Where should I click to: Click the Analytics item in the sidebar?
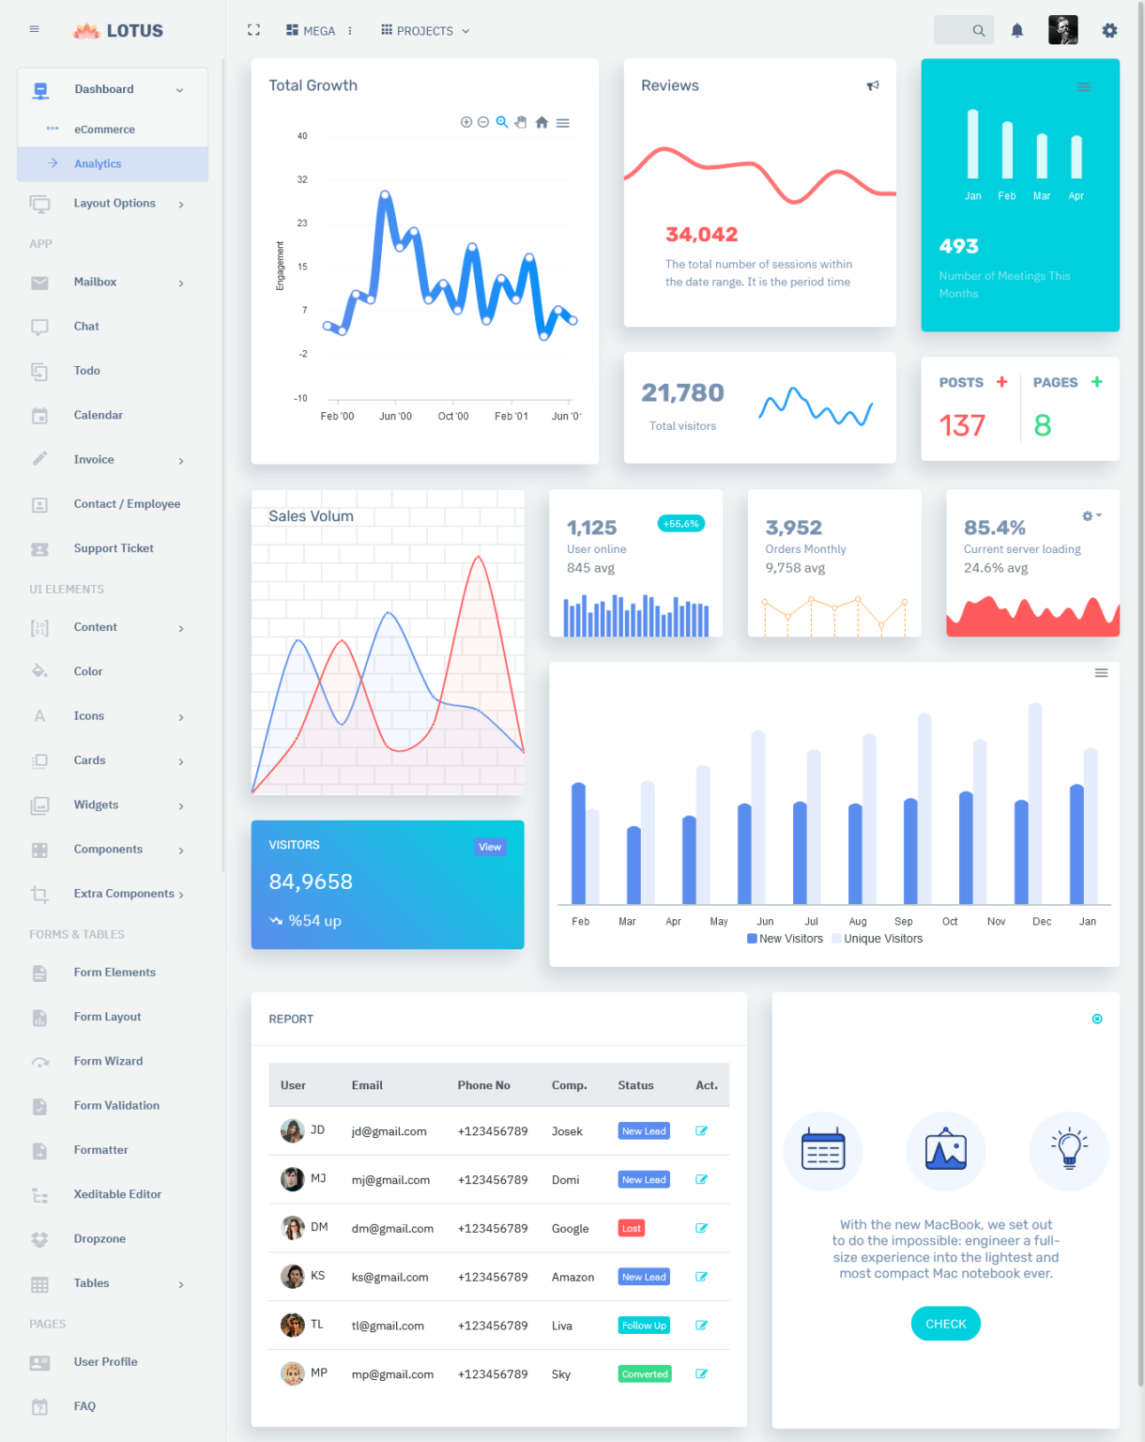coord(98,164)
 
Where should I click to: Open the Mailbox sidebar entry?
coord(96,283)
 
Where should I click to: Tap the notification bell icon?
coord(1016,31)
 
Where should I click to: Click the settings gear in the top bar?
coord(1109,31)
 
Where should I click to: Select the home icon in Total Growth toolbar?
coord(542,123)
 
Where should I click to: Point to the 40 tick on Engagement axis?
coord(302,136)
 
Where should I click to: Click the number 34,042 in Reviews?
coord(701,235)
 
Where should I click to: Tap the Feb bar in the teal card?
coord(1007,150)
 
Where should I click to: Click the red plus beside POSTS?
coord(1001,382)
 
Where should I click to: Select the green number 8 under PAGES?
coord(1042,426)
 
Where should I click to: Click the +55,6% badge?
coord(680,524)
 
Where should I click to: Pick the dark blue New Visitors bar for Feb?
coord(578,843)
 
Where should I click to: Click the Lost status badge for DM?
coord(632,1229)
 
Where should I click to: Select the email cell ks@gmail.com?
coord(389,1278)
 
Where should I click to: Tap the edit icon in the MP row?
coord(701,1374)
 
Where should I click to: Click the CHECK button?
coord(945,1324)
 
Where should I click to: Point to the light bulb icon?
coord(1068,1150)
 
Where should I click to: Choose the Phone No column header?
coord(483,1085)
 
